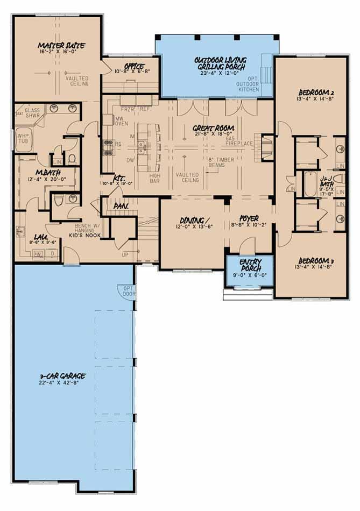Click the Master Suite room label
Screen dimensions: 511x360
(61, 46)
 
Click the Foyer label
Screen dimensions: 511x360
(246, 218)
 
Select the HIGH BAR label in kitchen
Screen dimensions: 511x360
(156, 178)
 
